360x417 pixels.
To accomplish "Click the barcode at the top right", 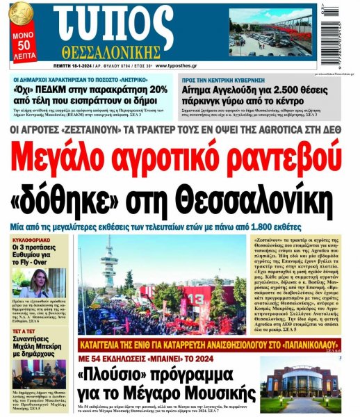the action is (345, 33).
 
